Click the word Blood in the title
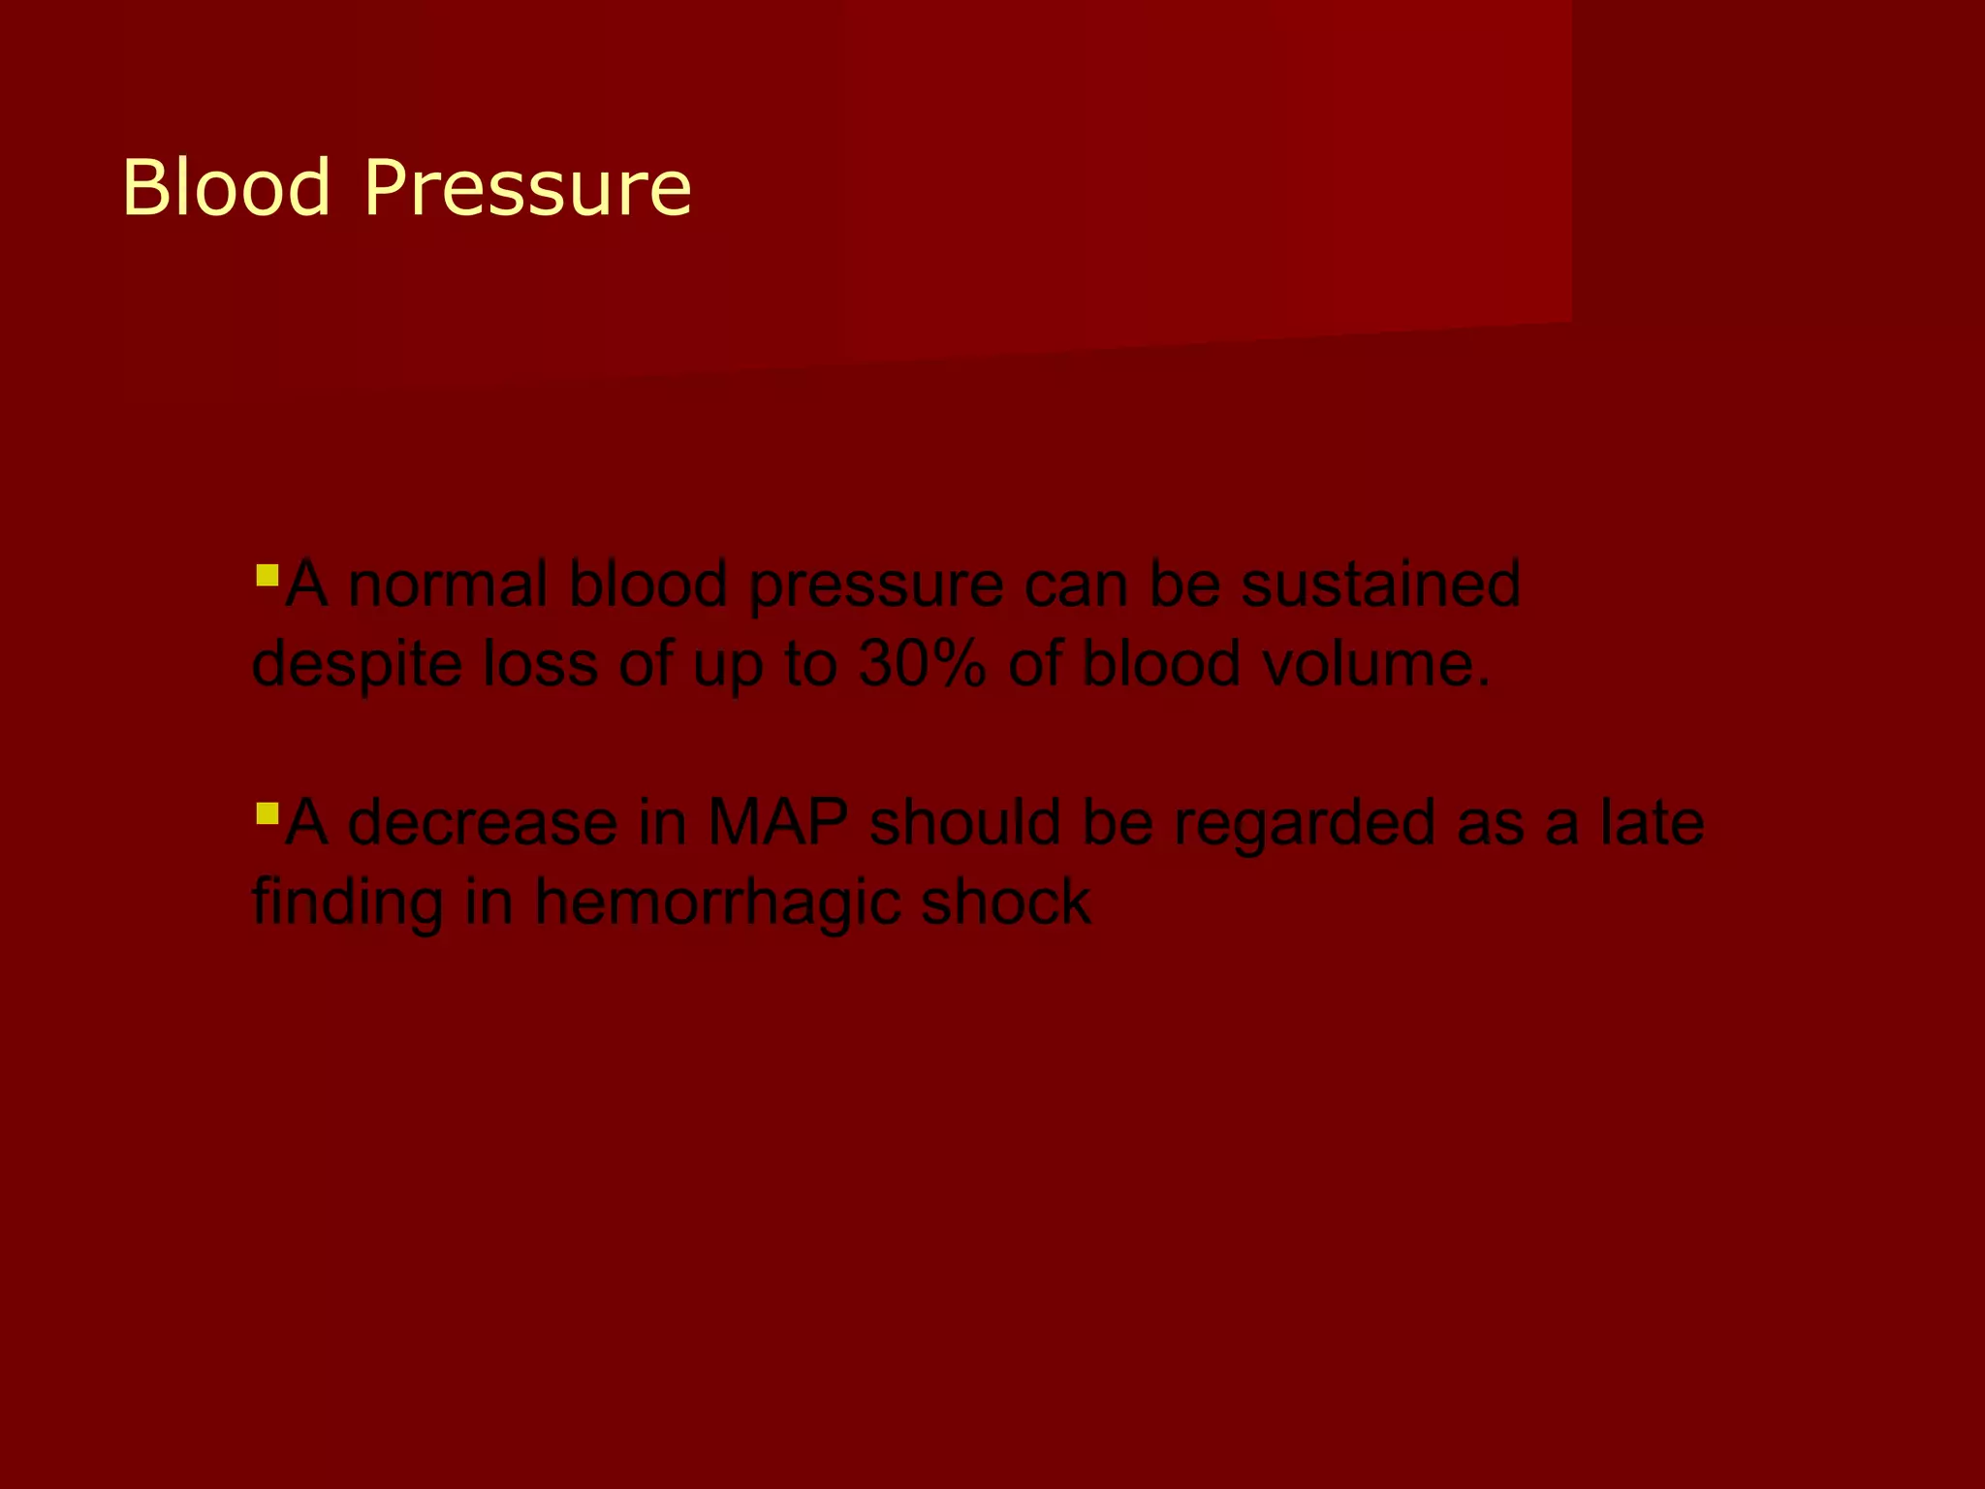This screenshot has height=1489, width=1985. point(227,187)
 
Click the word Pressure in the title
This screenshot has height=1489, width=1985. point(528,187)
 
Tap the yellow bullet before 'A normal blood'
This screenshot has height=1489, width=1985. point(267,577)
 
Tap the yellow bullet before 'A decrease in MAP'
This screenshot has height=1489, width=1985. point(267,811)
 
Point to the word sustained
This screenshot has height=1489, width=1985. point(1380,585)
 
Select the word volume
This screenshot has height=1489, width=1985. point(1366,664)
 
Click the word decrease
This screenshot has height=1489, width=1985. point(482,822)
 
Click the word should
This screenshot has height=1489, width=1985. point(976,822)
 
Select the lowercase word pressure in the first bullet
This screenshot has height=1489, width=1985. point(876,586)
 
